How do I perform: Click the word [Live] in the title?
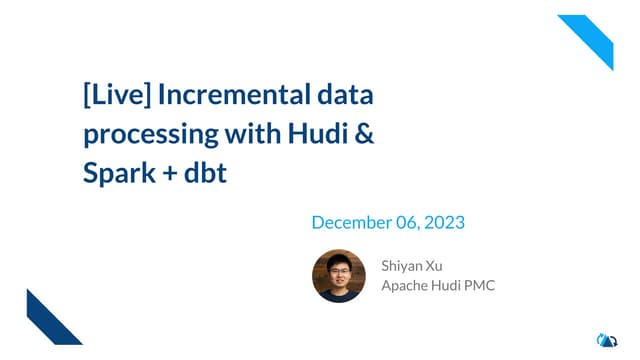point(118,97)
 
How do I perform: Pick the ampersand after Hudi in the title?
point(364,134)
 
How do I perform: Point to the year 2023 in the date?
point(445,222)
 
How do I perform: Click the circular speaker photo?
point(339,275)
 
